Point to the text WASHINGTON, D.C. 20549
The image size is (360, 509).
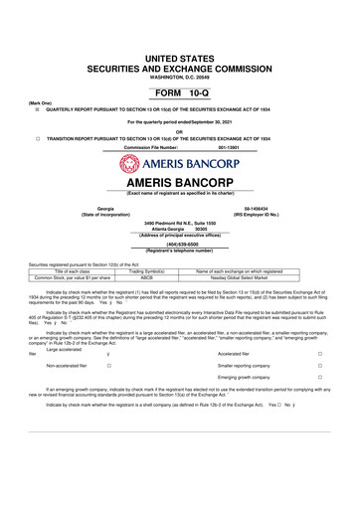[180, 50]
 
